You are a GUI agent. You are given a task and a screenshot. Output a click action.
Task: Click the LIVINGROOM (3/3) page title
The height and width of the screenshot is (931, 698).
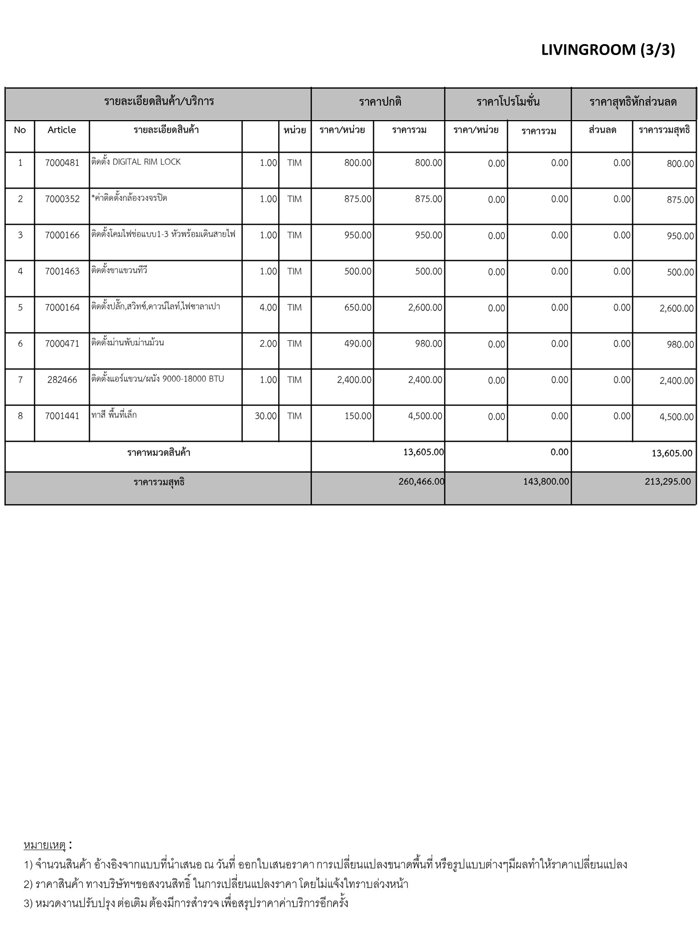click(608, 50)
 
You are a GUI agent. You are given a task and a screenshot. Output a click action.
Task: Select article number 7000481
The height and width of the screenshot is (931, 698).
click(62, 163)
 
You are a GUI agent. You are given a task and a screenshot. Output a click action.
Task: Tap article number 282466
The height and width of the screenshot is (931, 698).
click(62, 380)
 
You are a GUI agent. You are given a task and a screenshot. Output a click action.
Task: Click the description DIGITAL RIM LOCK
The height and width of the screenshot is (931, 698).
click(136, 162)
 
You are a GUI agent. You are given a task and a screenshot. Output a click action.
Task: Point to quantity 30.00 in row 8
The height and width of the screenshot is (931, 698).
click(265, 416)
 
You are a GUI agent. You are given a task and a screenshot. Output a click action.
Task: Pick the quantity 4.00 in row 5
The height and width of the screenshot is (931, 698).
click(268, 308)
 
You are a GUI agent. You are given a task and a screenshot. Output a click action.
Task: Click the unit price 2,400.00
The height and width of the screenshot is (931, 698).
click(354, 380)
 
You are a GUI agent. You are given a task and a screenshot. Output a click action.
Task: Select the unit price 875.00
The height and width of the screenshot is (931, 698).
click(358, 199)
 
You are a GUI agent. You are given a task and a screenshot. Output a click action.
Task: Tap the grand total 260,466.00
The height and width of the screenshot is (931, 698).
click(421, 481)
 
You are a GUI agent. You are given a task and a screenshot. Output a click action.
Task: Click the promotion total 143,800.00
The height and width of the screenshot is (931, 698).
click(546, 481)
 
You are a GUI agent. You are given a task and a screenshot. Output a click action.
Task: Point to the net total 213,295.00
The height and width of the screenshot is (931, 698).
click(668, 481)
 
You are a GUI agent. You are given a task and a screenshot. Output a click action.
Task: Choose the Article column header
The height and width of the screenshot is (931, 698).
click(62, 130)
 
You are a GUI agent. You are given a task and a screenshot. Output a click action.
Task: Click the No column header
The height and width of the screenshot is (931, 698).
click(20, 130)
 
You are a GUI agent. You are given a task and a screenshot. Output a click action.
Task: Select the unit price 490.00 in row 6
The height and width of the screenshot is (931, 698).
click(358, 344)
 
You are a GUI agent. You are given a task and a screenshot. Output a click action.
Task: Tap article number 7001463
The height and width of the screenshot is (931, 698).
click(62, 271)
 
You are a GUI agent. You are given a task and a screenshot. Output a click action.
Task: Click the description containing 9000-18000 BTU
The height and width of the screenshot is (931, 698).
click(158, 379)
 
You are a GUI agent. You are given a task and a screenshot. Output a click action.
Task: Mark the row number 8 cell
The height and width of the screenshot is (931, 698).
click(20, 416)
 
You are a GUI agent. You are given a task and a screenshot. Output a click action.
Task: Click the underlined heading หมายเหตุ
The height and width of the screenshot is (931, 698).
click(45, 845)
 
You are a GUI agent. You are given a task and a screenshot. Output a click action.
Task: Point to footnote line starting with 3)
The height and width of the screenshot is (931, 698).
click(186, 902)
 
